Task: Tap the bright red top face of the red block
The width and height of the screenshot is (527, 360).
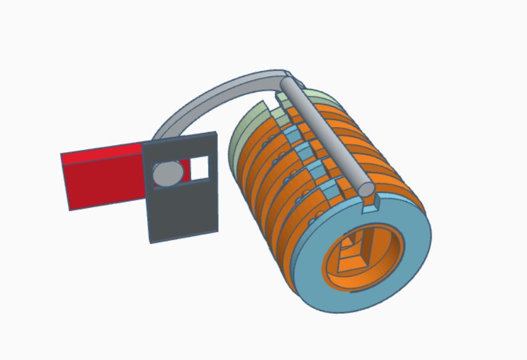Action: tap(103, 150)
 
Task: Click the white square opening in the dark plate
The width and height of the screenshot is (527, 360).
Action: tap(199, 167)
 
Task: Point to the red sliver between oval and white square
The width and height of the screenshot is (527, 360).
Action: tap(184, 170)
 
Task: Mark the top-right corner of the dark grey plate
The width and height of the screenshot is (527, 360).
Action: tap(216, 133)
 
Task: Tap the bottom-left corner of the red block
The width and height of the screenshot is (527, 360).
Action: tap(69, 209)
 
